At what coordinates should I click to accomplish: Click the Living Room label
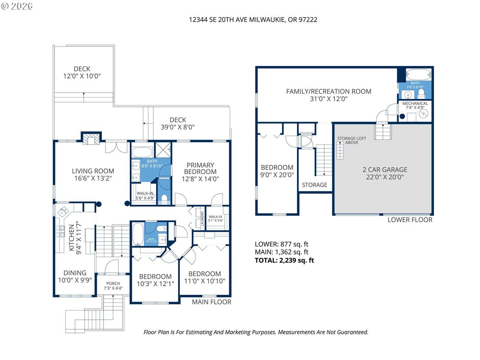tap(93, 171)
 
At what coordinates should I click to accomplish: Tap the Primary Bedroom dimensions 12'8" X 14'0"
tap(200, 179)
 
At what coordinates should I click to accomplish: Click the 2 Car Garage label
tap(385, 169)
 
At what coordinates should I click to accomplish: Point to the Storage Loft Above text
tap(352, 140)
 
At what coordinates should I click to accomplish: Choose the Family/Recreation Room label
tap(328, 91)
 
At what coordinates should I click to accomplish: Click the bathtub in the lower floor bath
tap(418, 75)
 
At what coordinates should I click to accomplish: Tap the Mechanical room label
tap(415, 103)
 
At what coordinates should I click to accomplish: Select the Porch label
tap(113, 283)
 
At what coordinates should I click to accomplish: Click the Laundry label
tap(202, 219)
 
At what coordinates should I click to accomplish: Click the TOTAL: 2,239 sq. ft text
tap(284, 260)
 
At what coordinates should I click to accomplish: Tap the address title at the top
tap(253, 19)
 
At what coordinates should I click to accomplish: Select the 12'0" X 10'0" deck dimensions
tap(82, 76)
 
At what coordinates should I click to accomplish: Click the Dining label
tap(75, 273)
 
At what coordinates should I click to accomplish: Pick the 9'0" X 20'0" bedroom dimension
tap(277, 175)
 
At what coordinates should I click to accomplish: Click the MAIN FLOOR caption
tap(211, 302)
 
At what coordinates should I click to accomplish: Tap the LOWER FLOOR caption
tap(410, 220)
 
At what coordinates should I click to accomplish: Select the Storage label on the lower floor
tap(315, 185)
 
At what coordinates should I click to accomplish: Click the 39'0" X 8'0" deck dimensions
tap(178, 127)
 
